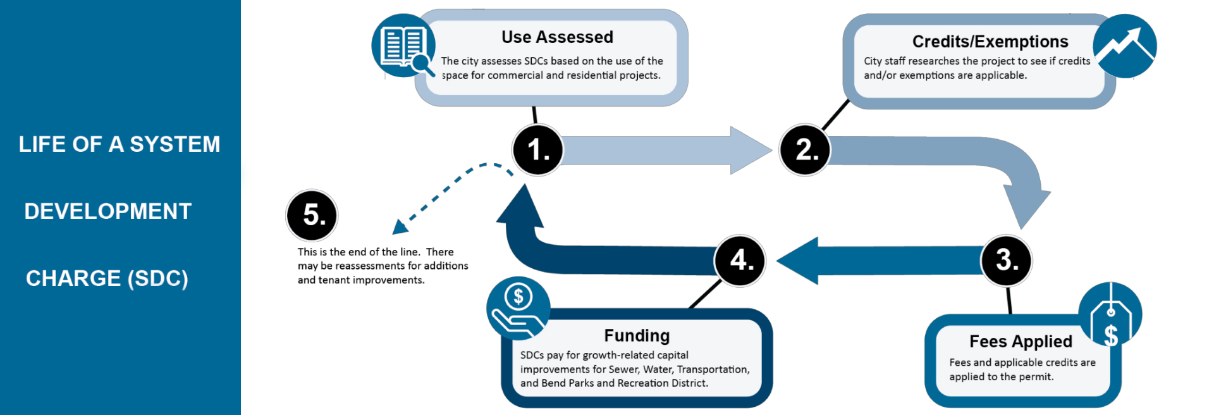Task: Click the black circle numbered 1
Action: [537, 150]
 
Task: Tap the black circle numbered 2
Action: [805, 150]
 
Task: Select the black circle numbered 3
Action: [1007, 261]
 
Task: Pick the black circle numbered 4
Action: [740, 261]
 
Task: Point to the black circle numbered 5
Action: [312, 216]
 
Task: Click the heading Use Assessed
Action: [557, 37]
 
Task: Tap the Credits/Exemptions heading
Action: [990, 42]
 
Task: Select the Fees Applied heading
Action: [1021, 342]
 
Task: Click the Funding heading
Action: [637, 335]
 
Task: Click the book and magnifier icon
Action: [403, 46]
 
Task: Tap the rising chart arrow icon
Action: [1125, 46]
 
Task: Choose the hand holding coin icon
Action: [518, 308]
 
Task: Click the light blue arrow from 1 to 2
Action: [664, 151]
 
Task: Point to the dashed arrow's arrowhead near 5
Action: [400, 226]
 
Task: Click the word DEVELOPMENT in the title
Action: [108, 211]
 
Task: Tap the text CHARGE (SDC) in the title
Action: [107, 278]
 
